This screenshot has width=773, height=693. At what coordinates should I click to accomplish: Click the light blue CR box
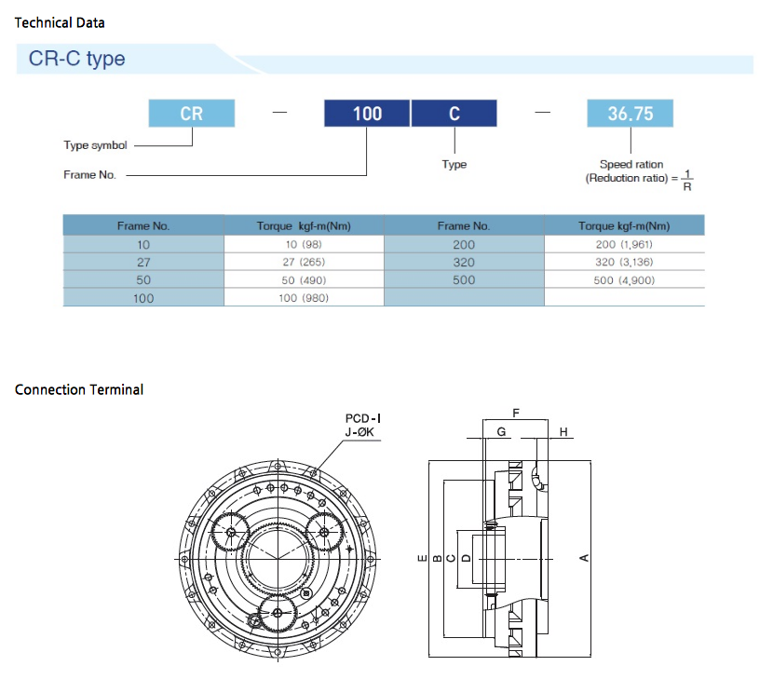click(192, 114)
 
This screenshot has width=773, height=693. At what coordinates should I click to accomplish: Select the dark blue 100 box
click(367, 114)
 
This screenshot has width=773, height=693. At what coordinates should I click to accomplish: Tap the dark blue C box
click(454, 114)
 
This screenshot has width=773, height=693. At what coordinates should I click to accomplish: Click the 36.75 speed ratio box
click(630, 114)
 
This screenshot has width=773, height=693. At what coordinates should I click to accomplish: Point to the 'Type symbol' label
click(95, 145)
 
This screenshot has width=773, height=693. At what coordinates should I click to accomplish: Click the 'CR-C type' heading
click(77, 60)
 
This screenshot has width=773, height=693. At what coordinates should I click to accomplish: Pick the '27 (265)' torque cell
click(304, 263)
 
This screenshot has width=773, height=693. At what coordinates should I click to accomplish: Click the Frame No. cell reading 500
click(463, 279)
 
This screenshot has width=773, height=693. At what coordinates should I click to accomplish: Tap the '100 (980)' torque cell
click(304, 298)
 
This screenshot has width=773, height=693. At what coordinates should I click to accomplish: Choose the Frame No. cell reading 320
click(463, 263)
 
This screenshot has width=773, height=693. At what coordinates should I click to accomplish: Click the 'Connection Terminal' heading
click(79, 389)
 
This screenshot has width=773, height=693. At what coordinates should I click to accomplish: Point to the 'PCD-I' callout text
click(363, 419)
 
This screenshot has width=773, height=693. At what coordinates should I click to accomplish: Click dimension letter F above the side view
click(515, 411)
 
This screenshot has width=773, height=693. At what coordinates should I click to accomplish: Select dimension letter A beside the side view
click(585, 557)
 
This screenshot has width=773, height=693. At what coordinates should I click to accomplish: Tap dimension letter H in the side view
click(563, 432)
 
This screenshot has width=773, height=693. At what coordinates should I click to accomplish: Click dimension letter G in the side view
click(501, 432)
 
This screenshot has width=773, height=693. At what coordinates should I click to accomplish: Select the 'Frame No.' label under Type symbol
click(89, 175)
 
